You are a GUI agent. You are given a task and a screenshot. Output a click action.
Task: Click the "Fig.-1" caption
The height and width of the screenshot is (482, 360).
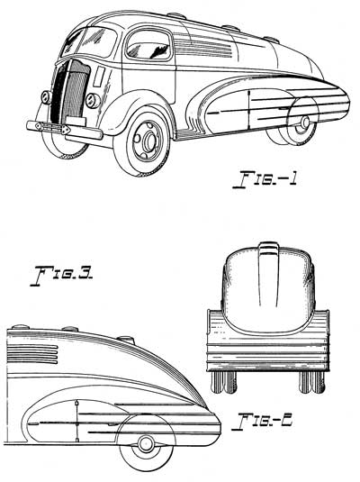(265, 178)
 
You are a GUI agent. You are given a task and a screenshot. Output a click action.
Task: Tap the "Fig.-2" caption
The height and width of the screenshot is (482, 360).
(262, 422)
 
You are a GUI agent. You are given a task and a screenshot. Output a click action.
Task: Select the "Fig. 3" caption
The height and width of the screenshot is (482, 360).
(62, 276)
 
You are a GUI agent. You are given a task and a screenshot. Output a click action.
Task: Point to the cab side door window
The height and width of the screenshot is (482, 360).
(148, 45)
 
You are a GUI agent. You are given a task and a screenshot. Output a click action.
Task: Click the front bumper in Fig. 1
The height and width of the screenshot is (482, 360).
(65, 130)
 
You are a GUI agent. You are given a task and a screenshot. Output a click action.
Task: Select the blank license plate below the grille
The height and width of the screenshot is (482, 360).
(76, 121)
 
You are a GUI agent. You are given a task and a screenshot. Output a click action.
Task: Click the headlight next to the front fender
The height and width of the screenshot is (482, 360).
(93, 101)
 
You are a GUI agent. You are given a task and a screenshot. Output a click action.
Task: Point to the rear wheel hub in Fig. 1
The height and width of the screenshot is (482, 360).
(305, 123)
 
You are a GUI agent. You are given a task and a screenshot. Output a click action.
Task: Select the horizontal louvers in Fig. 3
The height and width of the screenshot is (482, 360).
(32, 354)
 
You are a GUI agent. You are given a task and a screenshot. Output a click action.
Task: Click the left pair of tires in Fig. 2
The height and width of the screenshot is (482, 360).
(224, 382)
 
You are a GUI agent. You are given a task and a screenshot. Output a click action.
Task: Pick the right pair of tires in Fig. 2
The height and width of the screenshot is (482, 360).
(312, 382)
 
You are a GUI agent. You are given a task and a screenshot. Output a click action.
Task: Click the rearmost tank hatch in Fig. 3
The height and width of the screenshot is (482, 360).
(125, 340)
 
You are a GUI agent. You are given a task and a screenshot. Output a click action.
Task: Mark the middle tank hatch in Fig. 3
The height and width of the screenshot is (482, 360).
(70, 329)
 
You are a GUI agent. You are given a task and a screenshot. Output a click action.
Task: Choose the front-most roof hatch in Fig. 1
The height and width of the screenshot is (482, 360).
(176, 15)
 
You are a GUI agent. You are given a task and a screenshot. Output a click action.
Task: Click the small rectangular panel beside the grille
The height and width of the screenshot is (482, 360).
(99, 76)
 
